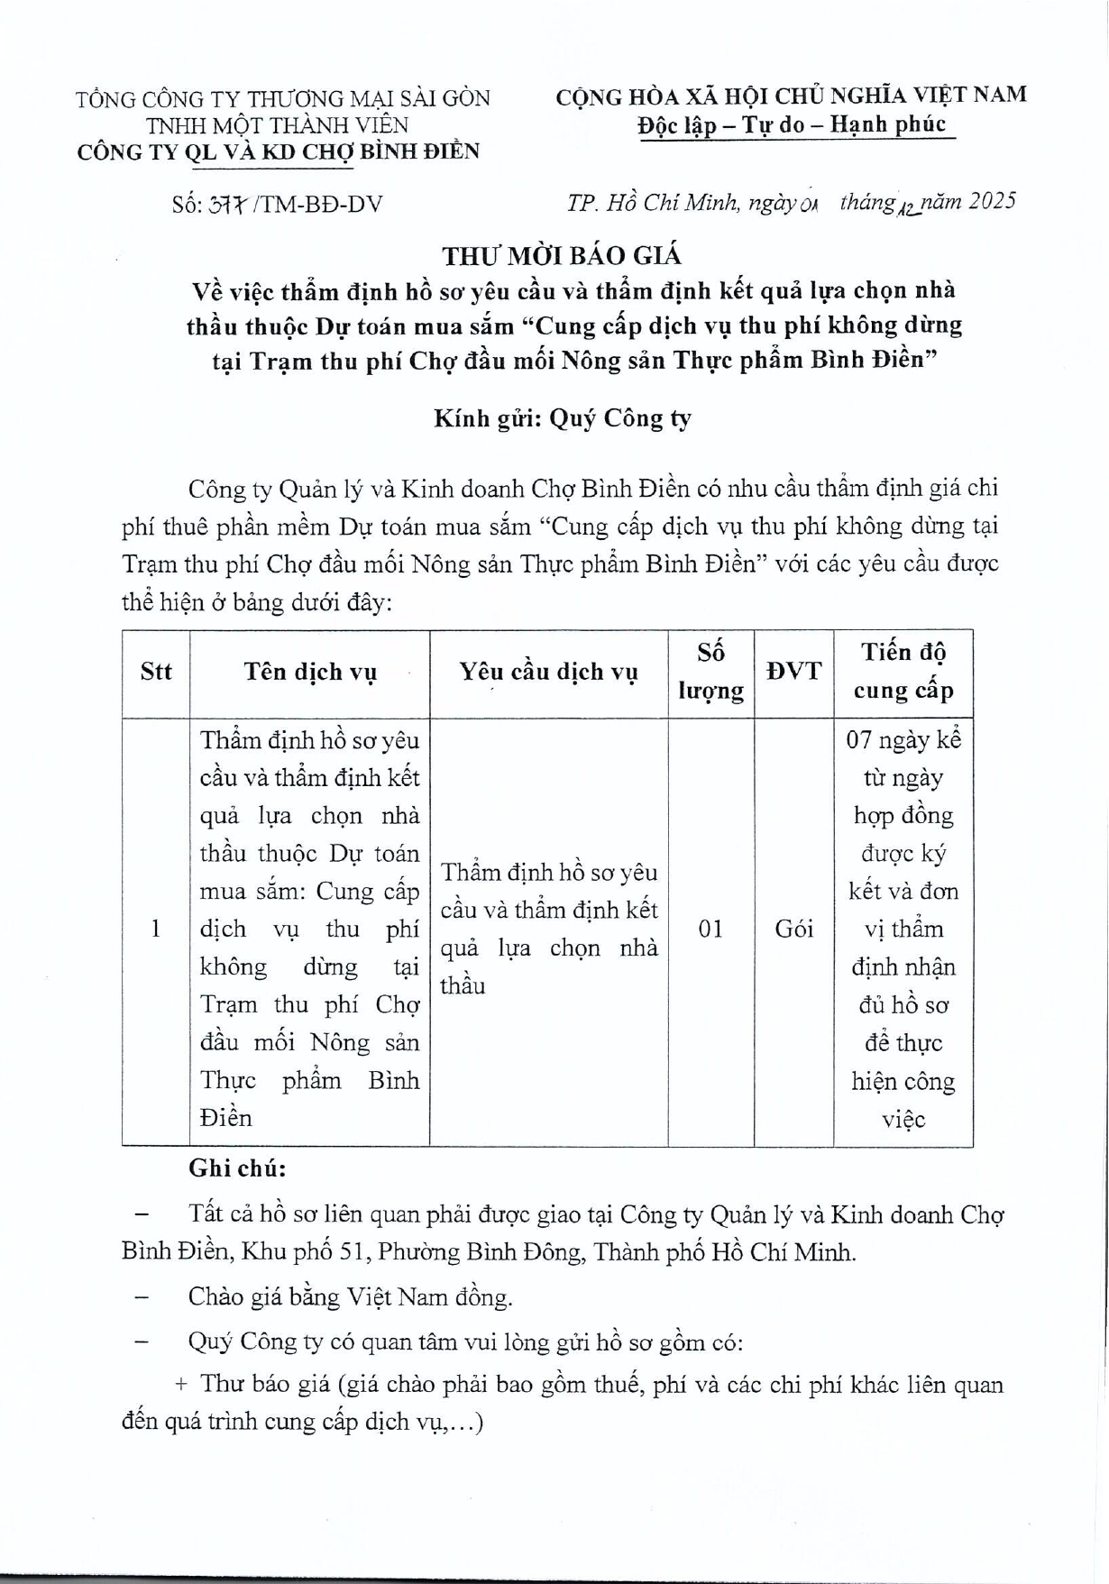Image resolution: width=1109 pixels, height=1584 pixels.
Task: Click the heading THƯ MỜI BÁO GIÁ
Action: [x=562, y=256]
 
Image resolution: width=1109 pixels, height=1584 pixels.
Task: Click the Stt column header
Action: [x=156, y=672]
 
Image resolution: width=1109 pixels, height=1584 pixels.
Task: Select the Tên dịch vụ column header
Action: [x=309, y=672]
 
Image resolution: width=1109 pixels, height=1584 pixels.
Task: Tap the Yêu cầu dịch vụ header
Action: [x=548, y=672]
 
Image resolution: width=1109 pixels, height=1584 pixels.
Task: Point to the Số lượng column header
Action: [x=710, y=672]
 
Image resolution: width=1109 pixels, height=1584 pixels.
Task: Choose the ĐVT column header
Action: [x=793, y=672]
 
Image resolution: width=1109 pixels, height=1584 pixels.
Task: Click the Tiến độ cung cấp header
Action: [x=903, y=672]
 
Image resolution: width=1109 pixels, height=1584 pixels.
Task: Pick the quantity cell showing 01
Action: [x=710, y=929]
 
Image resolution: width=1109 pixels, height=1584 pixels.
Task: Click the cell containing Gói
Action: [x=793, y=929]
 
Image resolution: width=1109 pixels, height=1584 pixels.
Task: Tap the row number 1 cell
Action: [x=156, y=929]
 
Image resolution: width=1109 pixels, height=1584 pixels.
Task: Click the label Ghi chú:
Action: [x=237, y=1169]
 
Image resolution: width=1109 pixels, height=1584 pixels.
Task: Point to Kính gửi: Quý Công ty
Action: [x=562, y=418]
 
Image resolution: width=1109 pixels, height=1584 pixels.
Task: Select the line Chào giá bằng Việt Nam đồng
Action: [x=350, y=1297]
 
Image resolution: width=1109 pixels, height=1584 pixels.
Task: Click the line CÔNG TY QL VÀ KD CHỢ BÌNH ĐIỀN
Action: [x=278, y=151]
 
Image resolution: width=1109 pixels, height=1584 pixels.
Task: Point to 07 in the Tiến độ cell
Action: [x=858, y=740]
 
